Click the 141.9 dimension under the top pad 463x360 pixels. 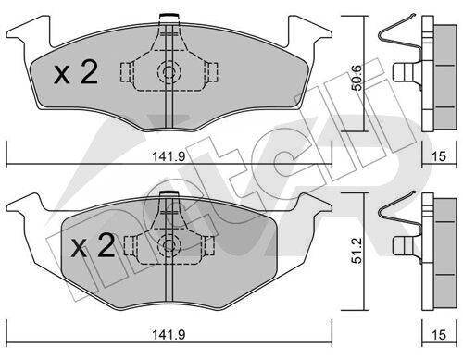click(x=169, y=156)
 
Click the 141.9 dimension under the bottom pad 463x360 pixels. click(x=169, y=335)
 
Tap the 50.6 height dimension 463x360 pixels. click(x=357, y=78)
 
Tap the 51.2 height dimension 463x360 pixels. click(x=357, y=250)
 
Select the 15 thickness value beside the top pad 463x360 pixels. click(x=439, y=156)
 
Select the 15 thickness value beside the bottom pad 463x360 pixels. click(x=439, y=335)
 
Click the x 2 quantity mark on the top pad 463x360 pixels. click(x=76, y=72)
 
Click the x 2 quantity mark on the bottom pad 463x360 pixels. click(x=93, y=246)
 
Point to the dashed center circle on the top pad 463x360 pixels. click(x=169, y=73)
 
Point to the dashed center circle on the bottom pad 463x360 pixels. click(x=169, y=245)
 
